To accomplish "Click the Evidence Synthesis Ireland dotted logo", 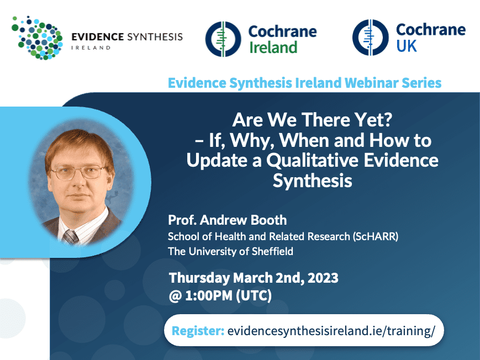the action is coord(38,38).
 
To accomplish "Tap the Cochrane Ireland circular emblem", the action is coord(223,39).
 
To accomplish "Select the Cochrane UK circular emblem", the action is coord(371,38).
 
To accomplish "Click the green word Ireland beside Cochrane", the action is coord(273,47).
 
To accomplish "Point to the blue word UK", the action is coord(407,46).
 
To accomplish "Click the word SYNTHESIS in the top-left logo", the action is coord(155,37).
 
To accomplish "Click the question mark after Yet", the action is coord(388,119).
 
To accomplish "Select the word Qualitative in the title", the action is coord(312,161).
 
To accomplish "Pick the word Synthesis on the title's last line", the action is coord(312,181).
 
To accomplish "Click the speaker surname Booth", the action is coord(269,220).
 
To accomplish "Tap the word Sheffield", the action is coord(272,251).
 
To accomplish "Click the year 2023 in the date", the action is coord(323,278).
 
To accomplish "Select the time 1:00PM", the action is coord(209,296).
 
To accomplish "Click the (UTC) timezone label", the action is coord(254,296).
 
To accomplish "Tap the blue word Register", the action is coord(198,331).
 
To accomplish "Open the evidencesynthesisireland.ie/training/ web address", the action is coord(331,331).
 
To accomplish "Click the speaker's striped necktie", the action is coord(71,237).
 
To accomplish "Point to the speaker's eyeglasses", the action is coord(78,172).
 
